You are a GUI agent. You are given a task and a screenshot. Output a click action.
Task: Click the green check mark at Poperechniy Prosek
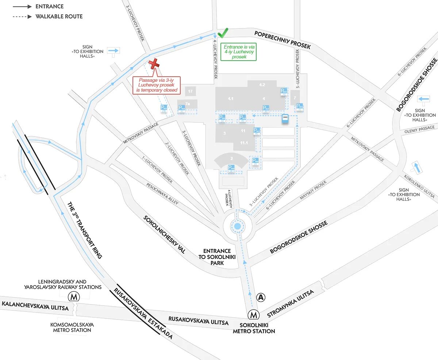point(223,33)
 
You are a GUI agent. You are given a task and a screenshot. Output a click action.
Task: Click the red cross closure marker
point(154,63)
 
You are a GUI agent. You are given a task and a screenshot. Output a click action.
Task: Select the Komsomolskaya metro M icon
point(74,296)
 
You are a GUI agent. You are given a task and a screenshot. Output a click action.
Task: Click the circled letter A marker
point(261,297)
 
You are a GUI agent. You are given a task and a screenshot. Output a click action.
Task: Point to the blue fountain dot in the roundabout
point(238,226)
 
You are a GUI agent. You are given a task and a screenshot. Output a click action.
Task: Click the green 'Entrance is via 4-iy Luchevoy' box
point(239,51)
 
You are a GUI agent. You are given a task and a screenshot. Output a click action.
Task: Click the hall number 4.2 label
point(262,85)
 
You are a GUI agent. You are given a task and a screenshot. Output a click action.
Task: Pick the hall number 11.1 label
point(243,143)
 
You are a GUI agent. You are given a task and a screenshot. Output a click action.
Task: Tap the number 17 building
point(189,91)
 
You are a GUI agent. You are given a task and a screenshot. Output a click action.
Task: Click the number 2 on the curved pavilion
point(231,158)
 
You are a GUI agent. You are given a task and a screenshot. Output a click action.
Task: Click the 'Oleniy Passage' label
point(419,130)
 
